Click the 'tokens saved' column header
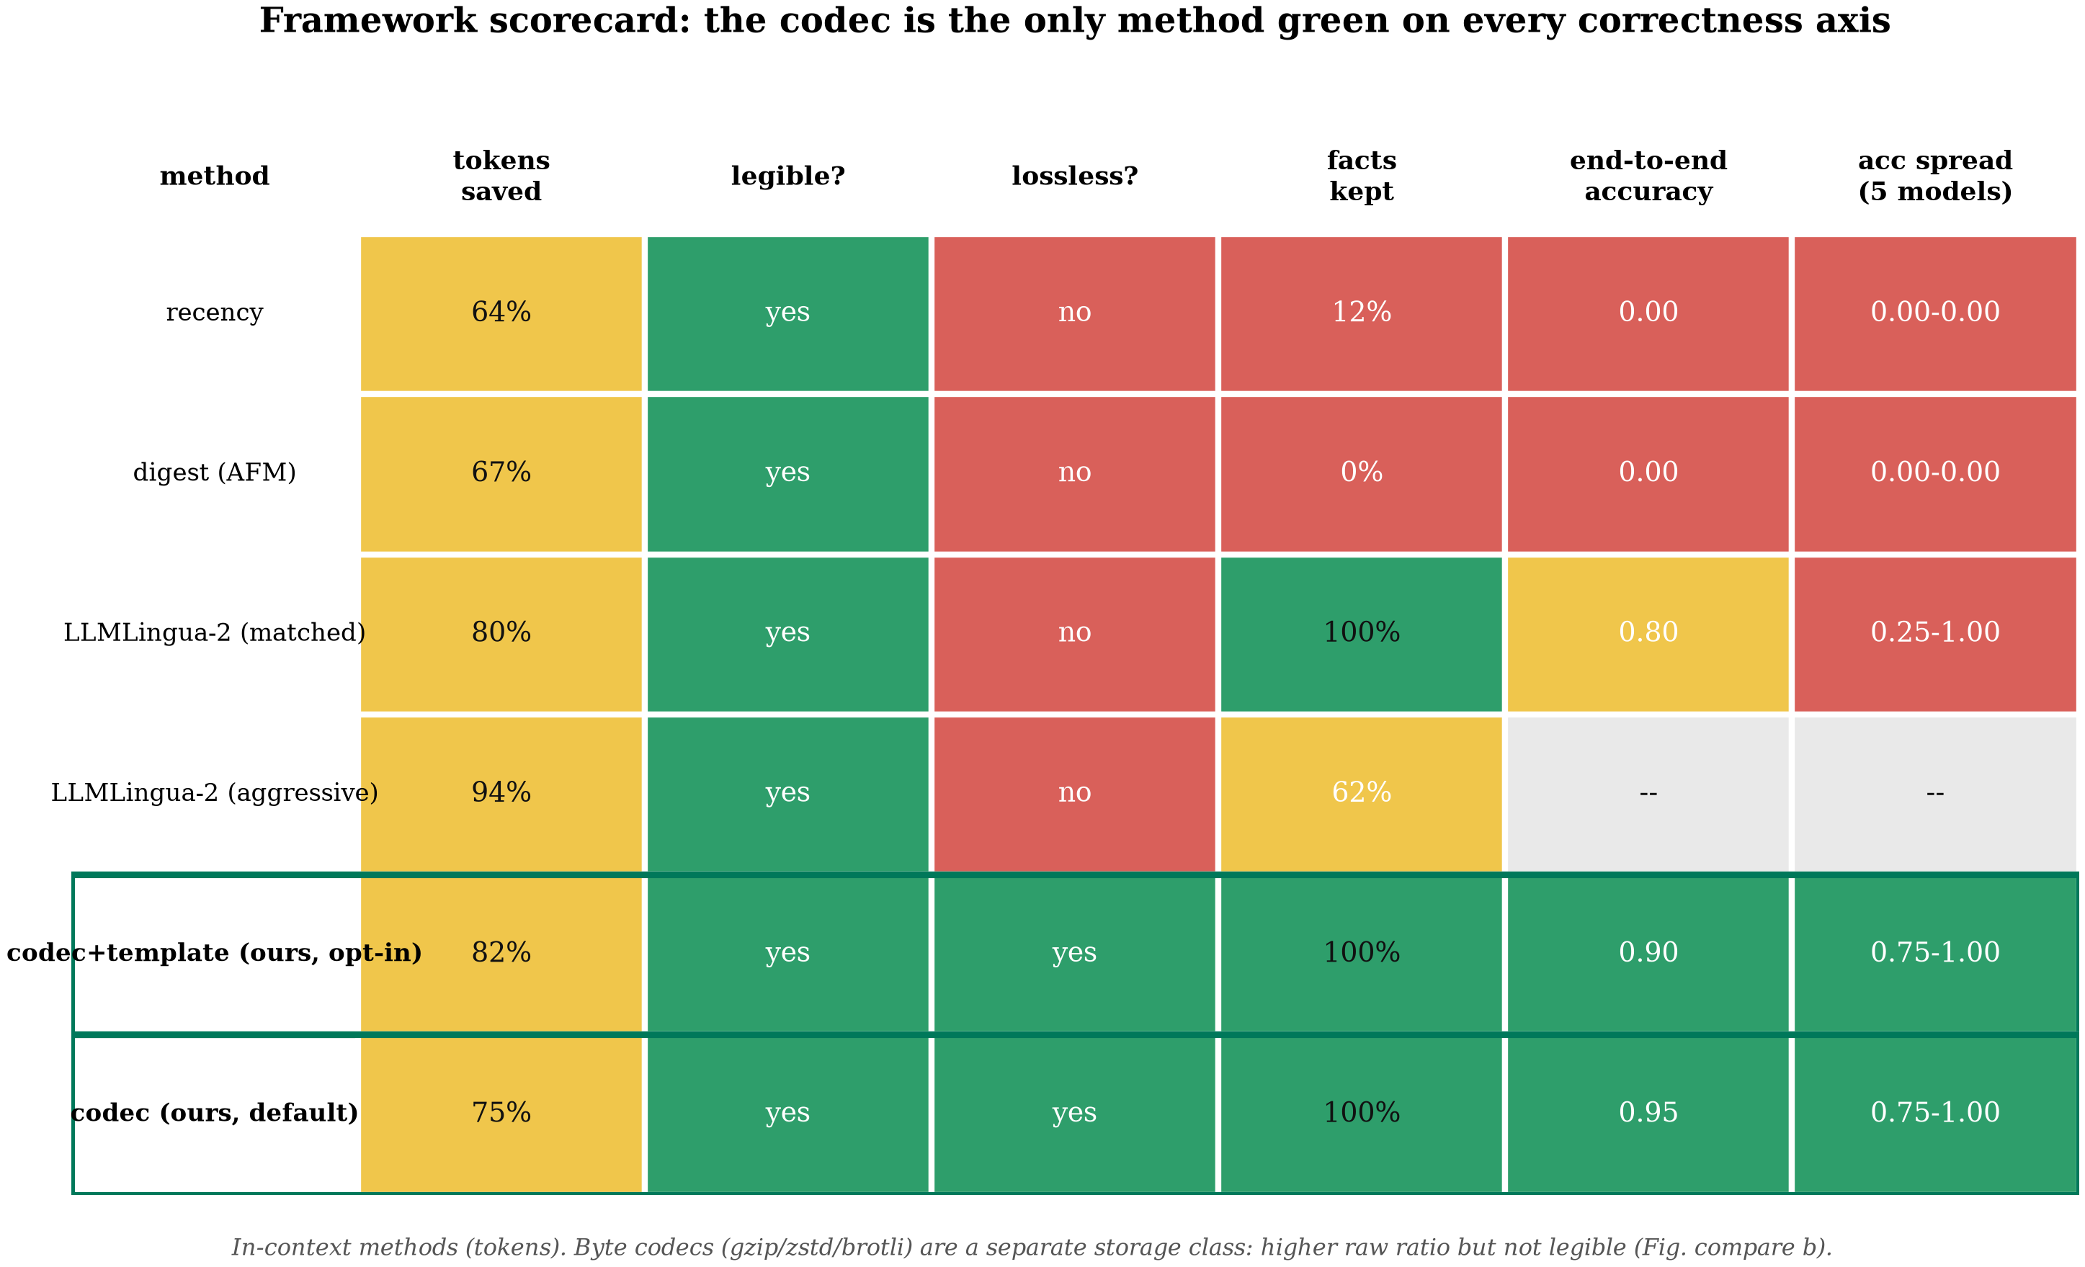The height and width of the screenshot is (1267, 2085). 501,176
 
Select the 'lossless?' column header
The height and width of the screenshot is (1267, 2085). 1075,176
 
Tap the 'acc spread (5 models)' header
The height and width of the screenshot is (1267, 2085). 1935,176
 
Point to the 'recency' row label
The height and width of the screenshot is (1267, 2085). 214,313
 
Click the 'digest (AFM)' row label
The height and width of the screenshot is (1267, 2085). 214,472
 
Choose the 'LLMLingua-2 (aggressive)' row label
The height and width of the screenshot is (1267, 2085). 214,792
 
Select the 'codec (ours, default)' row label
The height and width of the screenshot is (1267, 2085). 214,1112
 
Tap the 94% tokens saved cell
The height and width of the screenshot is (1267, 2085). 501,792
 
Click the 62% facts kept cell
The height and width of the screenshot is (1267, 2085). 1362,792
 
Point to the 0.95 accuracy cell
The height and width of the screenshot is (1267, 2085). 1648,1113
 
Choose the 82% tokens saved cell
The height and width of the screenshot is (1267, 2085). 501,953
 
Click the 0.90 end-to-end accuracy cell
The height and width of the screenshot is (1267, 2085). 1648,953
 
